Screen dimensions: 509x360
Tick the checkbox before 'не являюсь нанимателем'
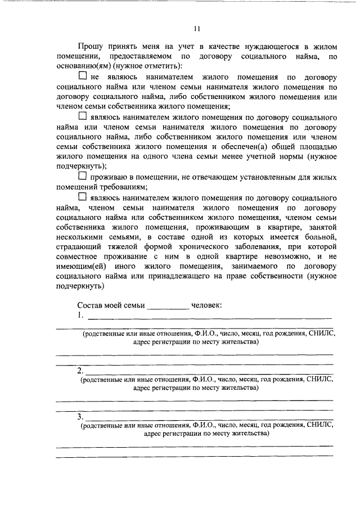pos(83,75)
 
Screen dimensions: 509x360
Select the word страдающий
pos(77,248)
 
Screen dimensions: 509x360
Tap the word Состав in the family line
pos(89,305)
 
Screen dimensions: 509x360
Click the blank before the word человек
pos(168,307)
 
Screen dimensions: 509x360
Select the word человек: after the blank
pos(206,305)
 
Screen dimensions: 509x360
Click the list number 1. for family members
pos(80,316)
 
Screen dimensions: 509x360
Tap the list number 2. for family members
pos(80,371)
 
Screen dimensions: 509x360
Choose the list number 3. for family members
pos(80,417)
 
